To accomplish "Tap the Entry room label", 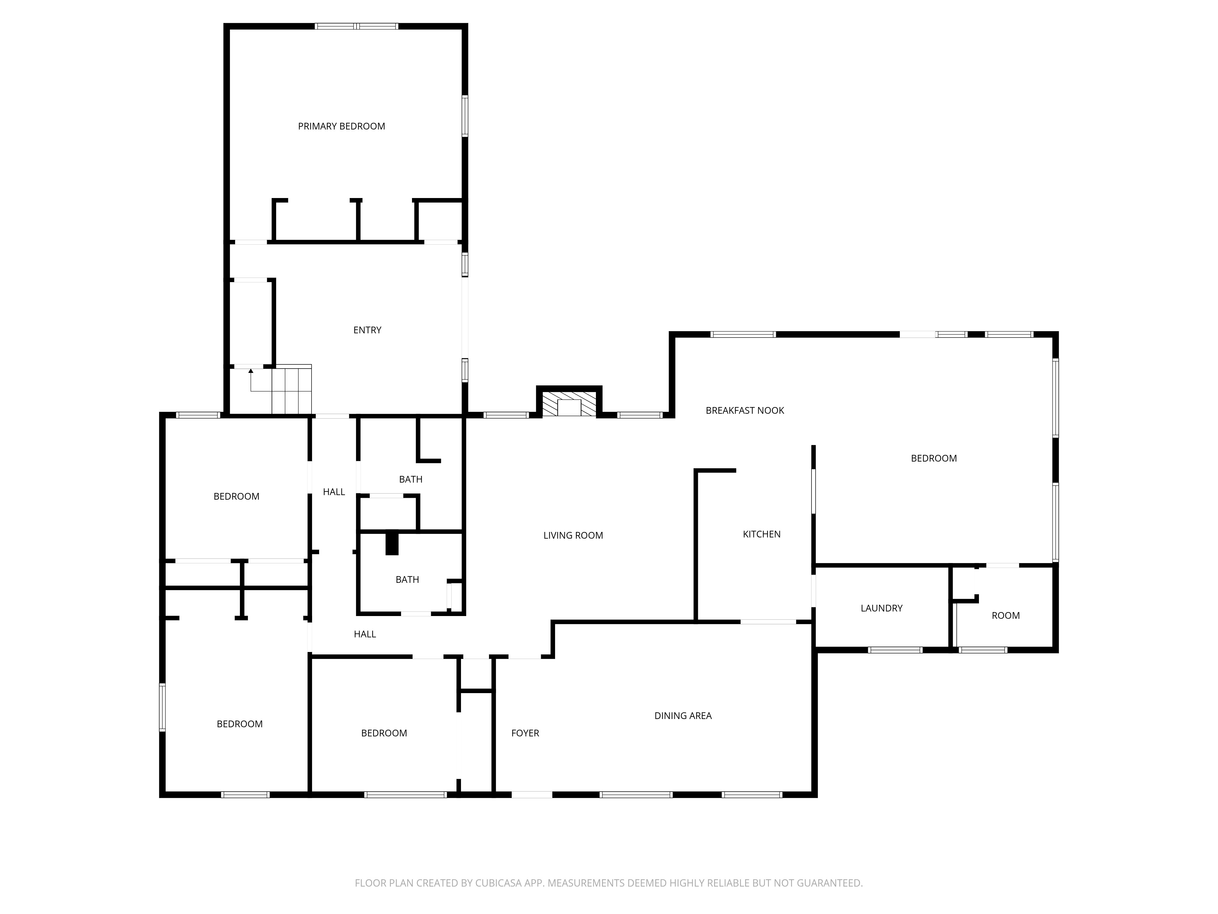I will click(x=367, y=330).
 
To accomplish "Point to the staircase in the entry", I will click(x=292, y=390).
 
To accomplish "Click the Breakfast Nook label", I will click(x=745, y=410).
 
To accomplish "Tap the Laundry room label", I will click(x=881, y=608).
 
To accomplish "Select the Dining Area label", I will click(x=683, y=716).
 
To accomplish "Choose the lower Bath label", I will click(x=407, y=579).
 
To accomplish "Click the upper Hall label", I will click(x=334, y=492).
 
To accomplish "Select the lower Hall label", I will click(x=364, y=634).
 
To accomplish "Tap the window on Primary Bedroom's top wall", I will click(x=356, y=26).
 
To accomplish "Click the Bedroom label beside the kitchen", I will click(x=933, y=459).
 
